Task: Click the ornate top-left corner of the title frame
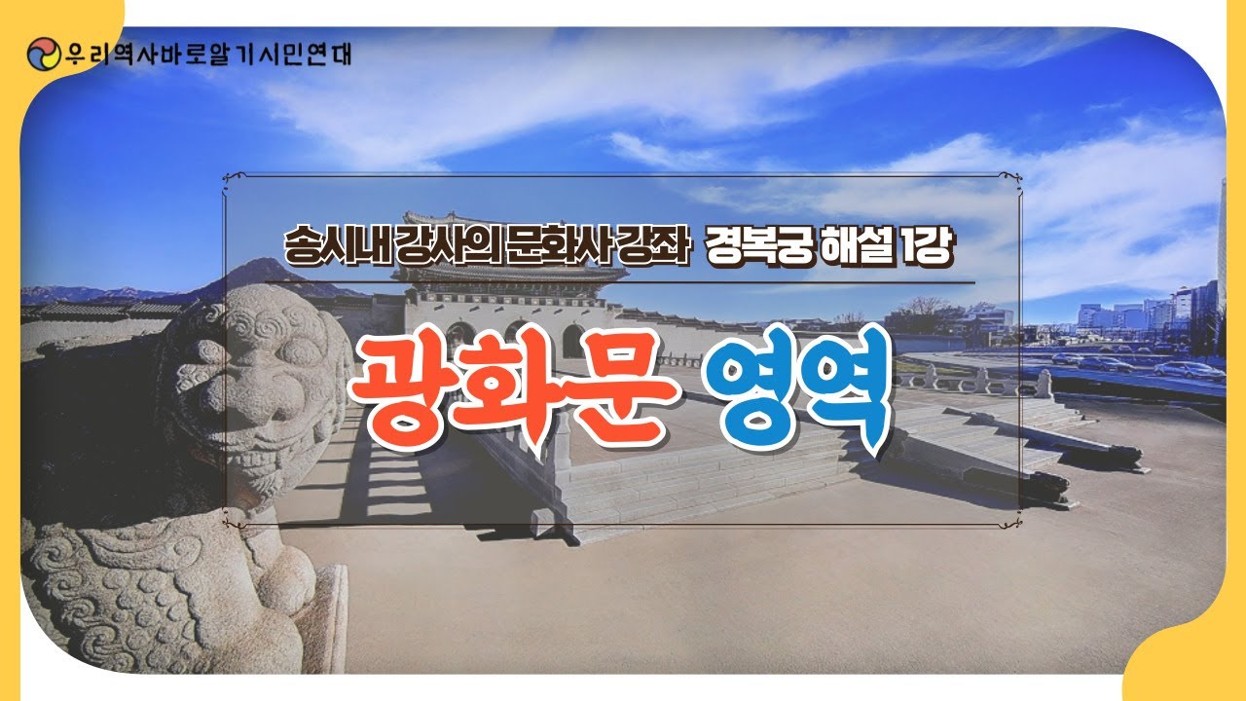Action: pos(232,179)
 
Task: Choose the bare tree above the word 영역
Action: pos(920,312)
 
